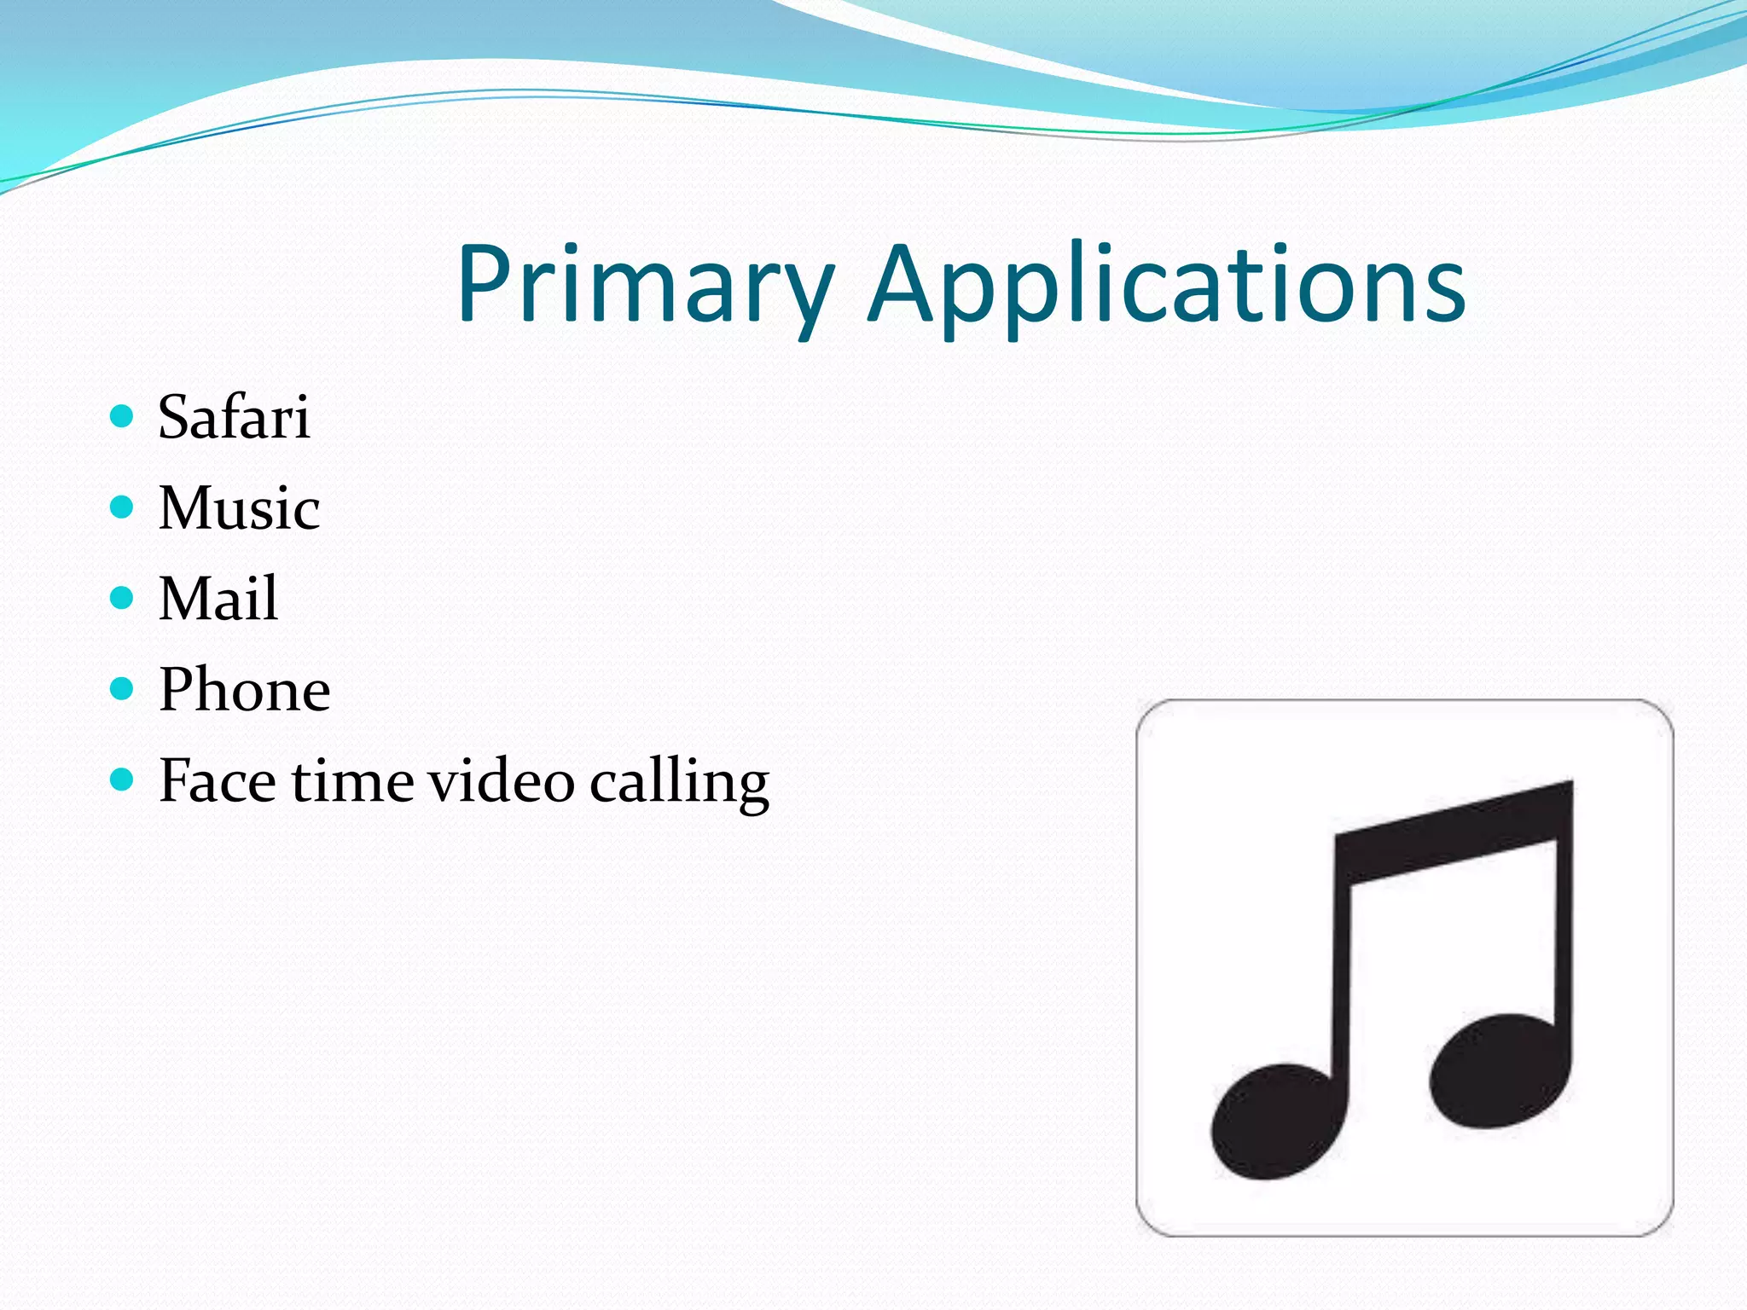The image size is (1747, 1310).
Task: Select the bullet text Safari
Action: click(234, 418)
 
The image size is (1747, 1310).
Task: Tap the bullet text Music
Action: click(239, 508)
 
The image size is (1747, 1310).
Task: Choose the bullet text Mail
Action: click(218, 599)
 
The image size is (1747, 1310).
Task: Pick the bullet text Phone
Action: click(245, 689)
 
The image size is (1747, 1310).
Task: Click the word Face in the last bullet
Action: click(217, 780)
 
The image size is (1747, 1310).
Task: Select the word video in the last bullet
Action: click(501, 780)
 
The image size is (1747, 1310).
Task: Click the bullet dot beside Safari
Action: click(123, 416)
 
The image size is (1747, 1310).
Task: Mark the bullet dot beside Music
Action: click(123, 507)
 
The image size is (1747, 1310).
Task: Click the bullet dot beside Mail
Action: click(123, 598)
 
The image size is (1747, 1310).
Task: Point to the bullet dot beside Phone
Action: click(123, 688)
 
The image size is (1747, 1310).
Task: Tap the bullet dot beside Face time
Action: click(123, 779)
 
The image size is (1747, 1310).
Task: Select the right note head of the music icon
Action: click(1497, 1071)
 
